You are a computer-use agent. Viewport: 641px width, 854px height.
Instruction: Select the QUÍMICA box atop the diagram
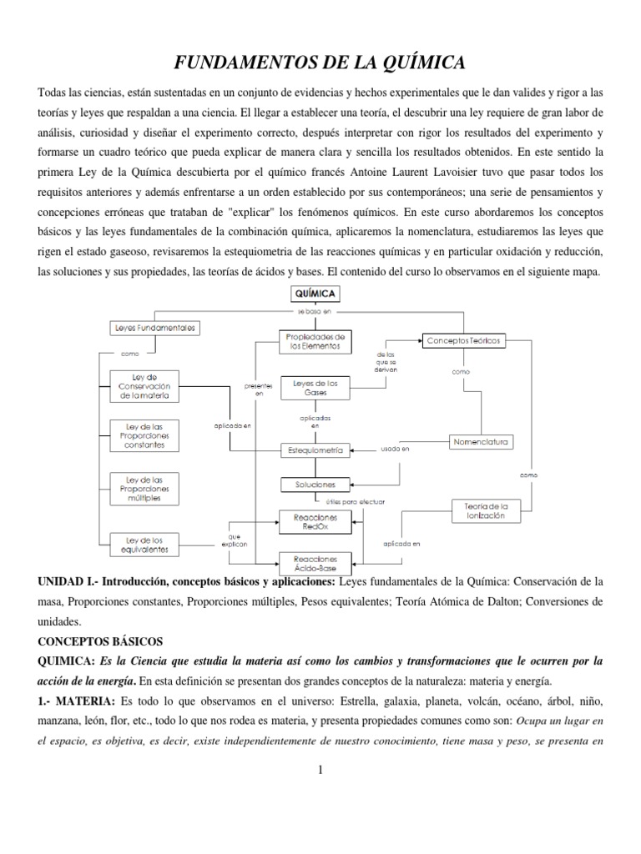[x=315, y=293]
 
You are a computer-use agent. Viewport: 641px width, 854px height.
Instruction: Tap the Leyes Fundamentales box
[x=154, y=329]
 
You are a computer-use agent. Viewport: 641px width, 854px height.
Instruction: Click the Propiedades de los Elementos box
[x=315, y=341]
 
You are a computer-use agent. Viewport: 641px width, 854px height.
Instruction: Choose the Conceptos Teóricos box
[x=464, y=341]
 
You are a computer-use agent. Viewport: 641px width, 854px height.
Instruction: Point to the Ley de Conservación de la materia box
[x=144, y=386]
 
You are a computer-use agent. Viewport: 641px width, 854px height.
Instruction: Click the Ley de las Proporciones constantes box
[x=144, y=435]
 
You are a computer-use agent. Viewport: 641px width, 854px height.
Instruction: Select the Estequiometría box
[x=315, y=450]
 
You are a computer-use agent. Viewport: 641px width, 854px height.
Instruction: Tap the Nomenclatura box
[x=482, y=440]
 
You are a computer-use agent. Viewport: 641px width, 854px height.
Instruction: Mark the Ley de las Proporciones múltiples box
[x=144, y=488]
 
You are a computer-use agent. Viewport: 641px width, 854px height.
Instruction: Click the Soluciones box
[x=315, y=484]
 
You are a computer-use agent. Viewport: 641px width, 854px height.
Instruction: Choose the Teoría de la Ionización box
[x=485, y=510]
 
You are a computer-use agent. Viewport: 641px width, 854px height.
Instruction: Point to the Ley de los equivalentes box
[x=144, y=545]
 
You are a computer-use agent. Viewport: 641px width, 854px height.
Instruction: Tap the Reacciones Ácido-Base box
[x=315, y=560]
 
